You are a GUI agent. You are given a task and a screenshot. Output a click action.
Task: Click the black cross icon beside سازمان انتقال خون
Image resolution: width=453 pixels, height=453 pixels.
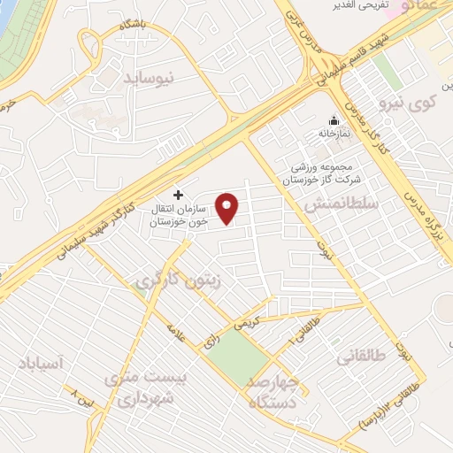coord(179,195)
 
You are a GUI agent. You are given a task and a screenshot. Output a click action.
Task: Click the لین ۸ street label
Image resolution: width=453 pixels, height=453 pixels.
coord(83,396)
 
